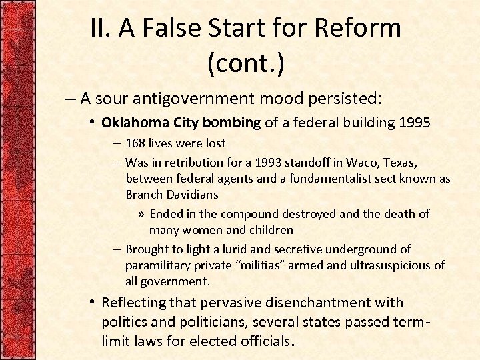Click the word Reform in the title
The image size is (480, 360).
coord(357,28)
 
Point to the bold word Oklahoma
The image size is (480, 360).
coord(135,123)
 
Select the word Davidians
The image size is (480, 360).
coord(194,195)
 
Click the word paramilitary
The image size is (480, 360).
coord(158,265)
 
